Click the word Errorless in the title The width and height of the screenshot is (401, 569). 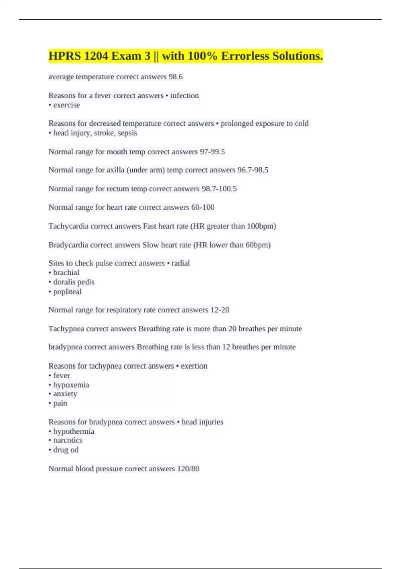(x=245, y=56)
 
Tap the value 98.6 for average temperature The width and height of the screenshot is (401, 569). (x=175, y=77)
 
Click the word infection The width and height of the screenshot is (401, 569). (x=184, y=96)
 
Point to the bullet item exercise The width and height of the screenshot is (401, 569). (x=66, y=105)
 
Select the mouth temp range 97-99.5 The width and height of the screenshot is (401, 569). (x=212, y=152)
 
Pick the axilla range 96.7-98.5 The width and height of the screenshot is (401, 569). (x=253, y=170)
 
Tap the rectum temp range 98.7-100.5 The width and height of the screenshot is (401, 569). (x=219, y=189)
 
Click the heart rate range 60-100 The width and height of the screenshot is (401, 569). (x=203, y=207)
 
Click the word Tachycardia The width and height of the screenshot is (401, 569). (x=69, y=226)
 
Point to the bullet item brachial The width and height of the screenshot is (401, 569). (x=66, y=273)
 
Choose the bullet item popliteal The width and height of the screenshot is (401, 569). (x=67, y=292)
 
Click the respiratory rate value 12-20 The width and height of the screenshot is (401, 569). (x=220, y=310)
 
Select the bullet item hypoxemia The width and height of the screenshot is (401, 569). (x=71, y=385)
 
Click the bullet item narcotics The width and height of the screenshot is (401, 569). (x=68, y=440)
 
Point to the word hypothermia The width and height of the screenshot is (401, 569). (x=74, y=431)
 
